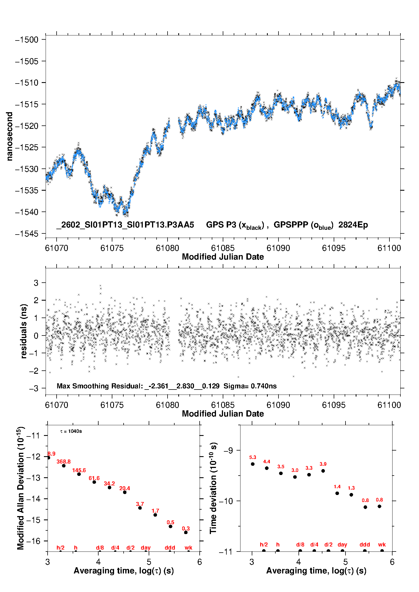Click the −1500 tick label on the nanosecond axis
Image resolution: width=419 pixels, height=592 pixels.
[27, 40]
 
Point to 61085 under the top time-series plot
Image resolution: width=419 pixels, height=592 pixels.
[223, 248]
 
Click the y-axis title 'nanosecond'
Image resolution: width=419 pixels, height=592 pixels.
[10, 136]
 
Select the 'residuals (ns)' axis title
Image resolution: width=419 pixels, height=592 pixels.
[24, 331]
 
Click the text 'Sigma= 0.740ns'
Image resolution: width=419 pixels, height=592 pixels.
[250, 386]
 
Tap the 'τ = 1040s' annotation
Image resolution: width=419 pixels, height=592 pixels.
[71, 431]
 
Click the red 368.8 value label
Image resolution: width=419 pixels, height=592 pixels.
[64, 462]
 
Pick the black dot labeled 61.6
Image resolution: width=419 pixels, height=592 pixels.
[94, 482]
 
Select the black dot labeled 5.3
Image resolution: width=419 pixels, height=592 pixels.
[253, 464]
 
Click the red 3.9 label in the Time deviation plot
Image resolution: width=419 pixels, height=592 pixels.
[323, 464]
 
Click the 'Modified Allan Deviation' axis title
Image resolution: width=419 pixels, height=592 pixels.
[21, 488]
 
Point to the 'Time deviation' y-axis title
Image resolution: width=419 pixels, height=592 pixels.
[213, 488]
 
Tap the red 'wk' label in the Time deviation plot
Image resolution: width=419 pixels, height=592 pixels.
[382, 545]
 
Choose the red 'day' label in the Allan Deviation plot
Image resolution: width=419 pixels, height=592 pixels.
[146, 548]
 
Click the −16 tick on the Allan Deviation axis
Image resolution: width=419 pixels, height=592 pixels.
[33, 541]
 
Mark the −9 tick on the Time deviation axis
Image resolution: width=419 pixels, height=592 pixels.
[228, 451]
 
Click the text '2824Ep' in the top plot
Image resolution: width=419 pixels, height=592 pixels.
[353, 225]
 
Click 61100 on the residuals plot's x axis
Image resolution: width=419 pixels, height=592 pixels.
[389, 405]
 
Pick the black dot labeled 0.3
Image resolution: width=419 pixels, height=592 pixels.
[186, 532]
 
